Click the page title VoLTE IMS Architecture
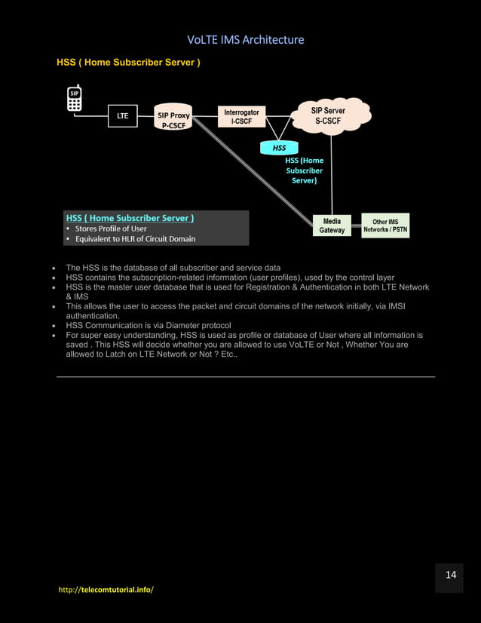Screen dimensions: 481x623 click(x=246, y=39)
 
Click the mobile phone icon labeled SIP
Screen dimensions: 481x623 click(x=74, y=99)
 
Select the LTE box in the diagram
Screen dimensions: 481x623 click(x=123, y=116)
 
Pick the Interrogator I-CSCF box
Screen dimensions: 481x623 click(x=241, y=116)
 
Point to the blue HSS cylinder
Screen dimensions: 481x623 click(x=279, y=148)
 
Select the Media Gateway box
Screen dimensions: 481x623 click(x=332, y=226)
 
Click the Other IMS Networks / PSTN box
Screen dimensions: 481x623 click(x=385, y=226)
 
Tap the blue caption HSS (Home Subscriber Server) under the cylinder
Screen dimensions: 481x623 click(x=304, y=170)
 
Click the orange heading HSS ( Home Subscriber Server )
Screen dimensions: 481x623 click(x=128, y=62)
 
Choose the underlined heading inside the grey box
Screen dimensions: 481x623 click(x=130, y=218)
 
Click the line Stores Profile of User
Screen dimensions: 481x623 click(x=110, y=229)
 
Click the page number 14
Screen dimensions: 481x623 click(x=451, y=575)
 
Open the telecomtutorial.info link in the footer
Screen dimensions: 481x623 click(x=106, y=589)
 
